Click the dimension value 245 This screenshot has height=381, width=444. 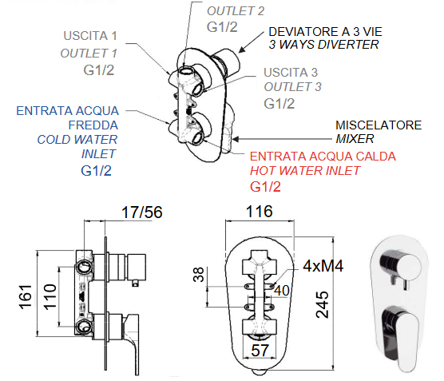click(x=323, y=304)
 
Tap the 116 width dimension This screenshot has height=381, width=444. click(x=259, y=212)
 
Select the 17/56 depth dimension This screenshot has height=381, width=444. click(x=142, y=212)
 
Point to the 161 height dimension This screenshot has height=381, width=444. click(x=25, y=296)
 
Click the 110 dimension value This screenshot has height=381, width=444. click(x=50, y=296)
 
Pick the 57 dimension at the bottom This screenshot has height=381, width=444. click(x=260, y=351)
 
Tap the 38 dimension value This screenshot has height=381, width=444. click(x=199, y=274)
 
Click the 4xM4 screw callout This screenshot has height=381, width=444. click(x=323, y=266)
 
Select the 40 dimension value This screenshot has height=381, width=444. click(x=282, y=291)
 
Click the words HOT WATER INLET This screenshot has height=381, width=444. click(x=305, y=170)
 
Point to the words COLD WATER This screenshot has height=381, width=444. click(x=77, y=139)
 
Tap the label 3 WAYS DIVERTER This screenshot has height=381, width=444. click(x=323, y=45)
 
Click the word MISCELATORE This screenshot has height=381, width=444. click(x=379, y=125)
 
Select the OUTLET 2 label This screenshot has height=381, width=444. click(x=236, y=11)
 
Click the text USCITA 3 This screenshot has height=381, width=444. click(x=291, y=72)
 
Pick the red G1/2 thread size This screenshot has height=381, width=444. click(x=265, y=187)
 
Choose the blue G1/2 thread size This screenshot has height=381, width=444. click(x=96, y=170)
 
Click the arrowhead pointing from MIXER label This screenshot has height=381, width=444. click(x=236, y=139)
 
